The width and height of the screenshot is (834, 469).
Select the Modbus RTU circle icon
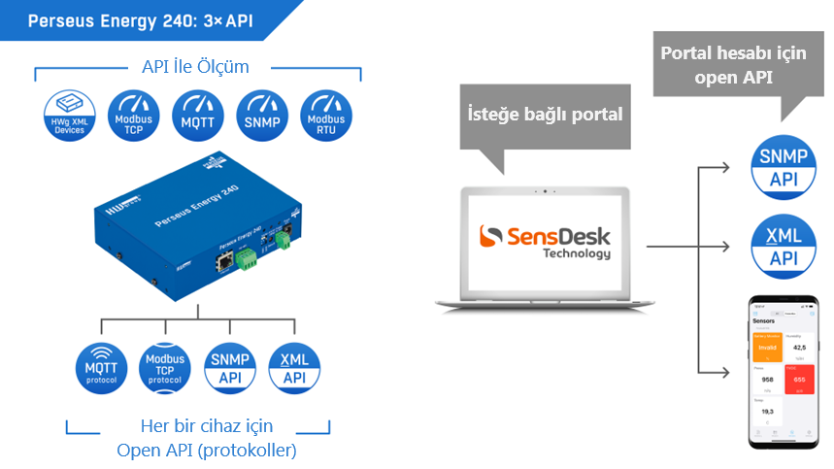pyautogui.click(x=325, y=117)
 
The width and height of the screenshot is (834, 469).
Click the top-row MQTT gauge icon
pyautogui.click(x=196, y=117)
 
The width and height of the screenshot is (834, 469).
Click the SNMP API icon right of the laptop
pyautogui.click(x=784, y=168)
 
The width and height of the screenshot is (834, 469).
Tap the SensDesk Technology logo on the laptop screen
pyautogui.click(x=544, y=241)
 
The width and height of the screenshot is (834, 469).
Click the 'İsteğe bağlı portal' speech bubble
pyautogui.click(x=544, y=115)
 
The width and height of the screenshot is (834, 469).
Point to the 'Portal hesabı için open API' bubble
pyautogui.click(x=733, y=64)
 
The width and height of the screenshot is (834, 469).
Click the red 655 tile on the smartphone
pyautogui.click(x=799, y=380)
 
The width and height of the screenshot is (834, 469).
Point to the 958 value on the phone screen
pyautogui.click(x=767, y=380)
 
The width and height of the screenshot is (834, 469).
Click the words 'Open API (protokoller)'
pyautogui.click(x=207, y=450)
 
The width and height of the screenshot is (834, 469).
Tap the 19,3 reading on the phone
pyautogui.click(x=767, y=412)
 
